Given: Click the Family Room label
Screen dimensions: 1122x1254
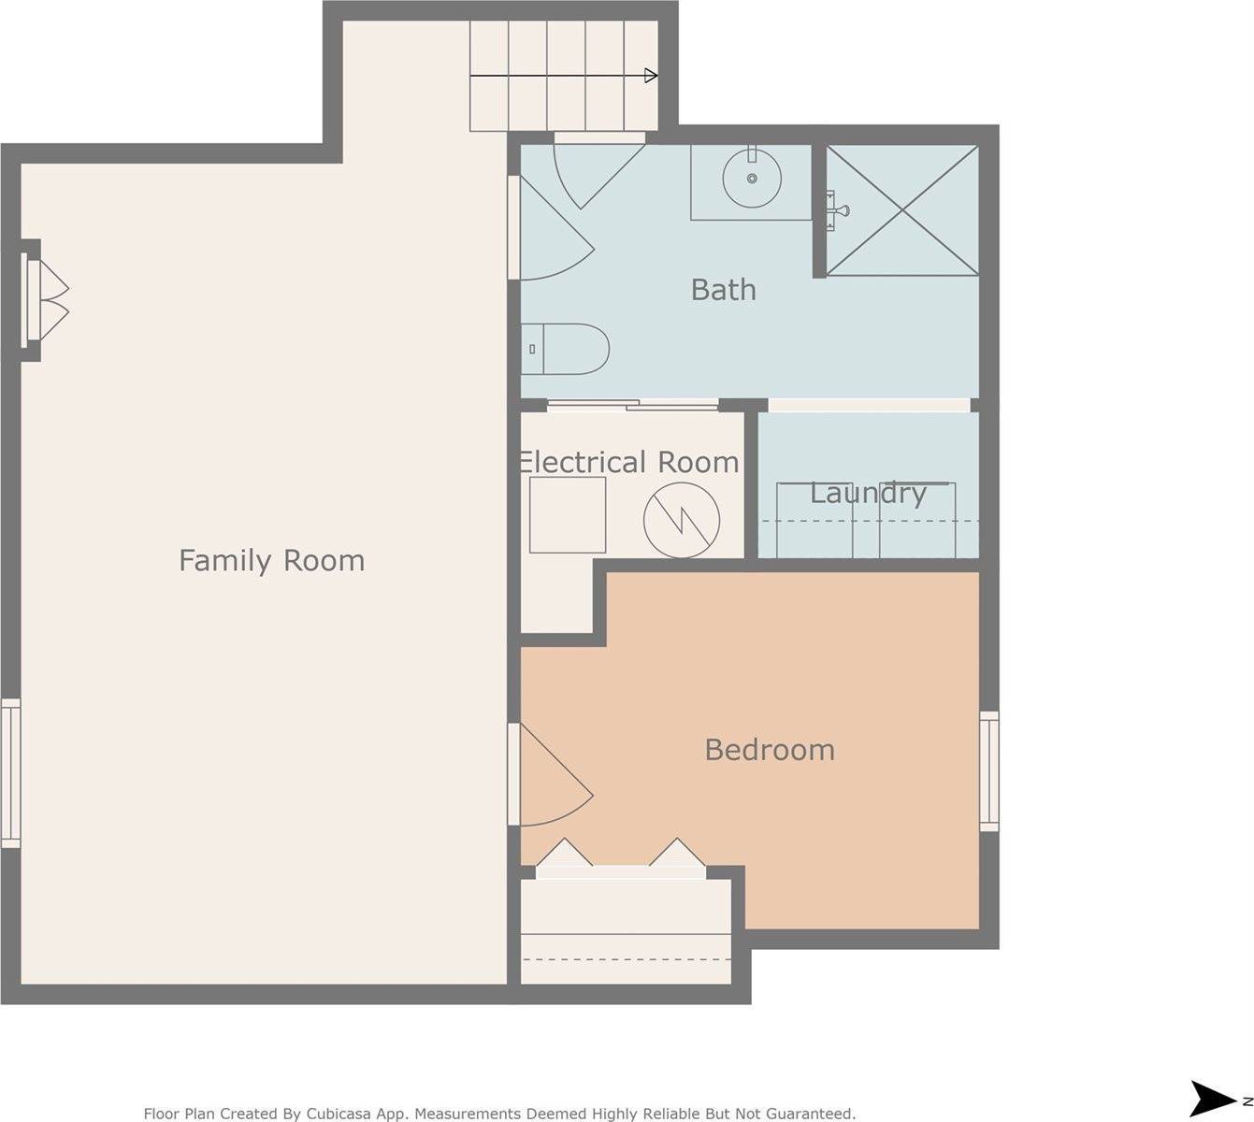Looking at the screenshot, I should [x=271, y=561].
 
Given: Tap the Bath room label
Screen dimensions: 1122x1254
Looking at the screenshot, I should [x=723, y=290].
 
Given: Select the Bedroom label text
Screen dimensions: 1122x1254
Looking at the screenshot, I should [x=769, y=750].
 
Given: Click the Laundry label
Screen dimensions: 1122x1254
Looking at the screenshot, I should [x=868, y=493].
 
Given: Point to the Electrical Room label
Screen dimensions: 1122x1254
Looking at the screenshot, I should [x=627, y=462].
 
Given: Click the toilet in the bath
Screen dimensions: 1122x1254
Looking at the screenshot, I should [x=566, y=349].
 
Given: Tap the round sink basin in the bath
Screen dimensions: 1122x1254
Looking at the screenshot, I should [x=752, y=178].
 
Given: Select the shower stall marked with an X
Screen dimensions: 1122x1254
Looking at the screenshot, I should [x=902, y=210].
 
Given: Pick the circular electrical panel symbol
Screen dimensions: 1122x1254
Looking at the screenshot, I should [x=682, y=520].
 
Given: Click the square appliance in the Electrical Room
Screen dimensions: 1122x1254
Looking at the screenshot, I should [x=568, y=515].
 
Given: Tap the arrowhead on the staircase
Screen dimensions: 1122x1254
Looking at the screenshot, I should [x=651, y=76].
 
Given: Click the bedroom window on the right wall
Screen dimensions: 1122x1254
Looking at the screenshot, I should [x=988, y=771].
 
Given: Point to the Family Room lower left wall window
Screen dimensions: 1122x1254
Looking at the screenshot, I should [x=10, y=773].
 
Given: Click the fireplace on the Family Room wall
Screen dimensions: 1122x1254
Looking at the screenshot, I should [x=42, y=299].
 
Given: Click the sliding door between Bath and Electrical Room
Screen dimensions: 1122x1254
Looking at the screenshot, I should [x=632, y=405].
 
